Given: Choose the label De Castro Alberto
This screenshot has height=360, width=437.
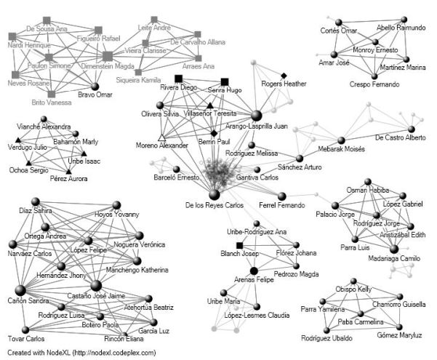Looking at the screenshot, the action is click(400, 138).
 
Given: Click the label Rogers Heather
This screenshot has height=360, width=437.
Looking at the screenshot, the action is click(282, 84).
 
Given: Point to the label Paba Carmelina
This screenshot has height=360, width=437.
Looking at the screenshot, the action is click(360, 320).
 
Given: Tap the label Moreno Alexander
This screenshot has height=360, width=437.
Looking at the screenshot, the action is click(161, 146).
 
